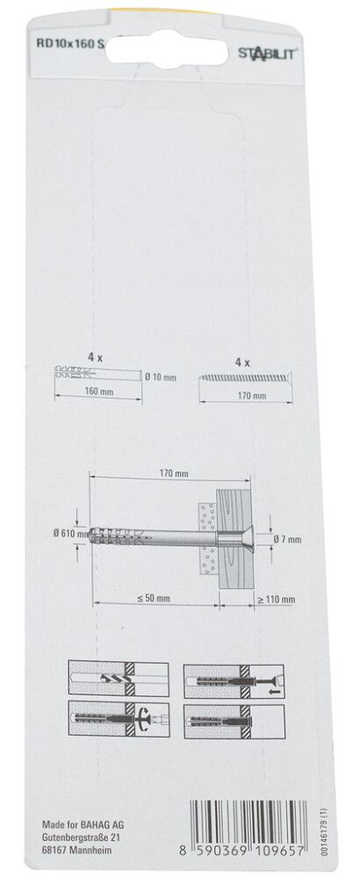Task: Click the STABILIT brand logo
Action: [x=268, y=53]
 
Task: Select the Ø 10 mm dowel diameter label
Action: [x=161, y=378]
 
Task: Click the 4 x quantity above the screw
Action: [x=242, y=363]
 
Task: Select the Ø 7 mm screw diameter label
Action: [x=288, y=539]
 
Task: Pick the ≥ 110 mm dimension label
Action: [x=277, y=601]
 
